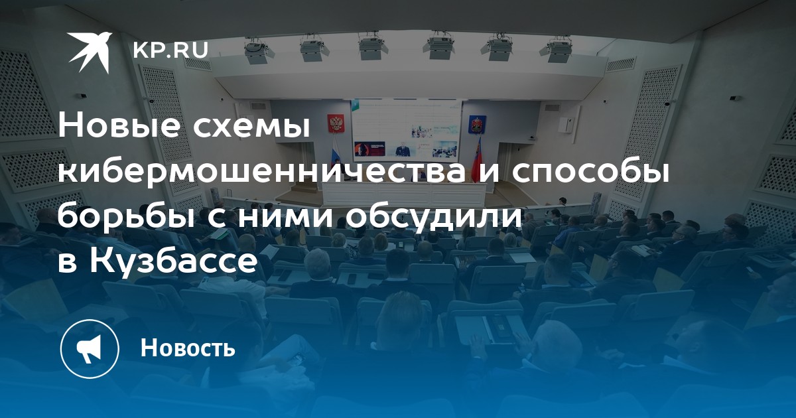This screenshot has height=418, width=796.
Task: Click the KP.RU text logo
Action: tap(170, 51)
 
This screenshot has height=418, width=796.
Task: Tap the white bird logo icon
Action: tap(90, 52)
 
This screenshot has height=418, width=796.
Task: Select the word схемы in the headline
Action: tap(251, 128)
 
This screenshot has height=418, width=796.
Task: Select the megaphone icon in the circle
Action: tap(89, 349)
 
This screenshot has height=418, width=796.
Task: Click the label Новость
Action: tap(188, 348)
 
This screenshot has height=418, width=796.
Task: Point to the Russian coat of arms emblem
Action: tap(336, 123)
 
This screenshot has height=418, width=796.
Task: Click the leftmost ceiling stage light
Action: tap(257, 50)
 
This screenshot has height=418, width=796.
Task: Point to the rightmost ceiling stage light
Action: tap(556, 50)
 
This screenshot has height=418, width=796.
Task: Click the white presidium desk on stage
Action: tap(403, 194)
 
